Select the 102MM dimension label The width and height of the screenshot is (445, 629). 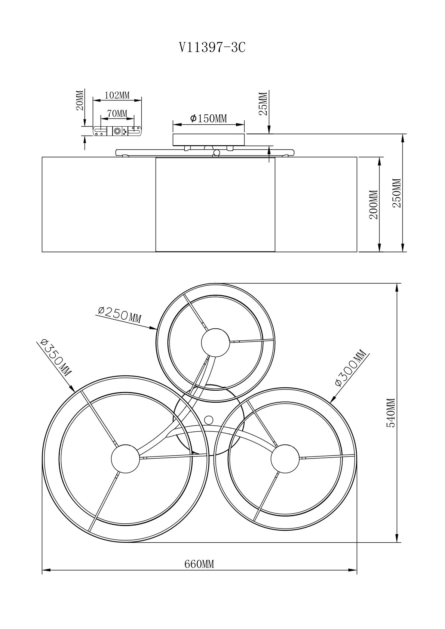(x=117, y=95)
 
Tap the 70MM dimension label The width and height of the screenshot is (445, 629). (x=117, y=114)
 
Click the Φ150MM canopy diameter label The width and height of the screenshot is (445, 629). (x=208, y=118)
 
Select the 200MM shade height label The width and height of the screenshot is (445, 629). (x=374, y=204)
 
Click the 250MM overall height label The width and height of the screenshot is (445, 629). (x=397, y=193)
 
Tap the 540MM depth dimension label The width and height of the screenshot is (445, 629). (x=390, y=412)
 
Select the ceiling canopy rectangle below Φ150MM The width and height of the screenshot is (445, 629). (x=209, y=140)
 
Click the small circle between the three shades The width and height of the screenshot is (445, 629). (x=209, y=420)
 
